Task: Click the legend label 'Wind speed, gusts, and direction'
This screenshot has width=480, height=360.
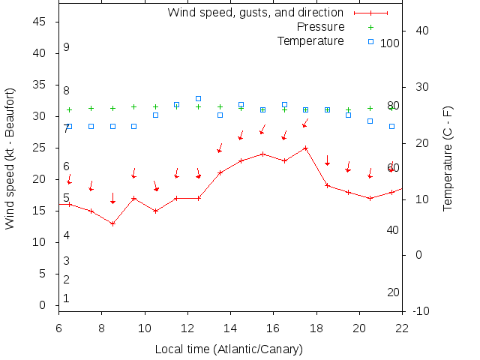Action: tap(255, 13)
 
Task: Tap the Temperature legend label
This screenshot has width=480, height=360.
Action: tap(310, 40)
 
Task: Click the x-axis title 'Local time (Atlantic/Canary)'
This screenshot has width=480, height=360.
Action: tap(229, 349)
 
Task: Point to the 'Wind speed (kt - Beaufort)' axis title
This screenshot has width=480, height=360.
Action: tap(10, 157)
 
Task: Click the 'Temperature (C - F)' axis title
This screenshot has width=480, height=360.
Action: tap(448, 158)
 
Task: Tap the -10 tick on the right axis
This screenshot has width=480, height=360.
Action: tap(420, 310)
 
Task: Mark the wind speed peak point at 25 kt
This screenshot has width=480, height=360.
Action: tap(306, 148)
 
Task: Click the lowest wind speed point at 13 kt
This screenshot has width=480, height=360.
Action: tap(112, 223)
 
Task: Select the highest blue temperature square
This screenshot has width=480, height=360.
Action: tap(198, 98)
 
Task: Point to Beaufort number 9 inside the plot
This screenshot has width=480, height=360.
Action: tap(67, 47)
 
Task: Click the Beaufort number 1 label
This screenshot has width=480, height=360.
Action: tap(67, 298)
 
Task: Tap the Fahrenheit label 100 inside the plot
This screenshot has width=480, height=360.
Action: tap(390, 43)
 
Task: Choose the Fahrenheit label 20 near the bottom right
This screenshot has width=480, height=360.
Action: tap(393, 292)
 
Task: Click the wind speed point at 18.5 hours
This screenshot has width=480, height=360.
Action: tap(327, 185)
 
